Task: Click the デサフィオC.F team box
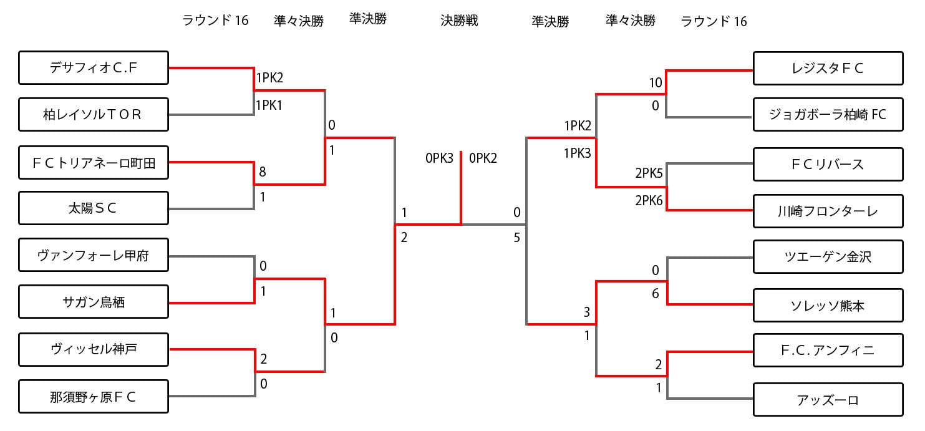94,67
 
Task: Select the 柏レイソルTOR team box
94,114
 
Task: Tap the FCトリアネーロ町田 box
94,163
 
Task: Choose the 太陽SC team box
94,208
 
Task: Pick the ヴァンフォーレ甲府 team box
94,255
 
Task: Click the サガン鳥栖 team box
94,302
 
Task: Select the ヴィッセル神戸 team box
94,349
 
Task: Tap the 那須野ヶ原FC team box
94,396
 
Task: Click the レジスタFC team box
828,69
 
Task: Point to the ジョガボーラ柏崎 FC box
828,115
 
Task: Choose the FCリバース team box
828,164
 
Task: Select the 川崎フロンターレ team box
828,211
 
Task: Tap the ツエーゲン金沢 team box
828,256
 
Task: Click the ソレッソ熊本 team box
828,306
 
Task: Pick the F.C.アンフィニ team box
828,351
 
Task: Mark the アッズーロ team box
828,400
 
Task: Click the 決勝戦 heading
459,20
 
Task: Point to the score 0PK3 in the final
439,158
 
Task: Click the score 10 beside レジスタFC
655,82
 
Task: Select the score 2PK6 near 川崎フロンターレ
649,200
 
